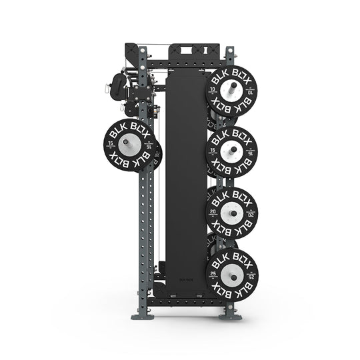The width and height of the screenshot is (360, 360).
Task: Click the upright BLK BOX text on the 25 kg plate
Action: (232, 257)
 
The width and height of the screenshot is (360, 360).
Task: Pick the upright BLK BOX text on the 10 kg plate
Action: (232, 76)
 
